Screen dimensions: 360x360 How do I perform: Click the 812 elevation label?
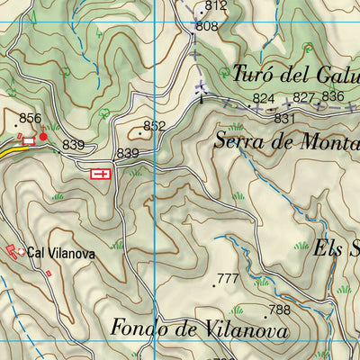pos(215,6)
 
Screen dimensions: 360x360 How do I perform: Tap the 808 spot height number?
pos(207,27)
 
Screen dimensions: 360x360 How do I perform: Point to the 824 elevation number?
pos(263,98)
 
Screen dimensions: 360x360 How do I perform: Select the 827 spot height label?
pos(304,97)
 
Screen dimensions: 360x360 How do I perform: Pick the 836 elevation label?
pos(333,96)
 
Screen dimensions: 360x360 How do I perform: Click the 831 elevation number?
pos(285,118)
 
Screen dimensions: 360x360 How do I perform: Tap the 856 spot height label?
pos(31,119)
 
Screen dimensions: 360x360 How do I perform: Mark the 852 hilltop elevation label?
pos(155,126)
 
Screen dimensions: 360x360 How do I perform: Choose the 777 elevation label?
pos(229,279)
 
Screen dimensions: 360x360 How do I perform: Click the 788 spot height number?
pos(280,310)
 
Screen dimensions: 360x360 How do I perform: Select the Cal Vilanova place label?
pos(60,255)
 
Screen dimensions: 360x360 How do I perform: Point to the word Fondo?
pos(139,329)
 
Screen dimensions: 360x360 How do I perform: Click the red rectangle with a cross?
pos(102,173)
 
